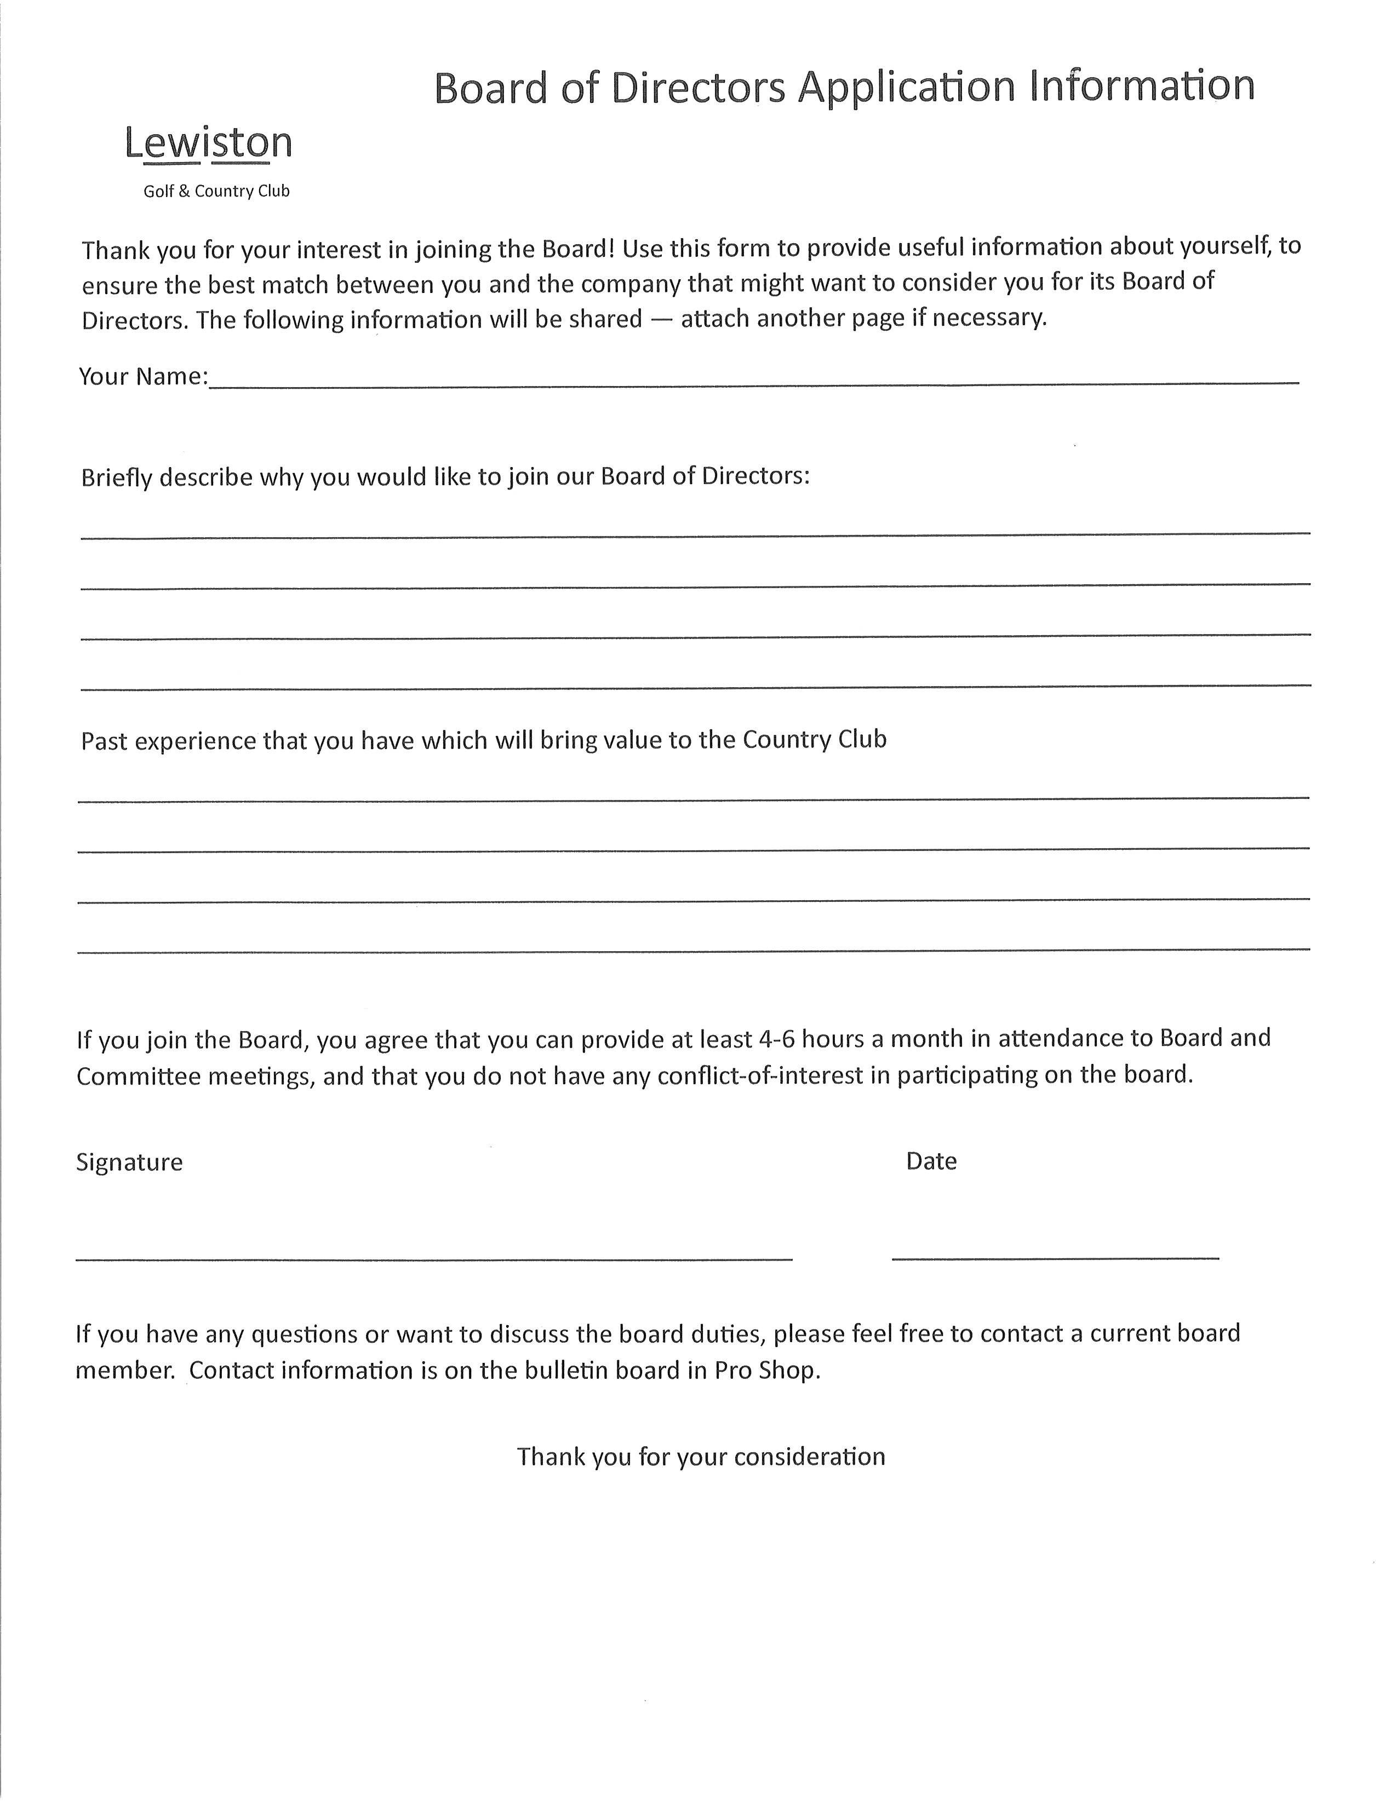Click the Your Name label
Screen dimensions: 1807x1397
click(x=142, y=377)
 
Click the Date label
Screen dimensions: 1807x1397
click(x=931, y=1161)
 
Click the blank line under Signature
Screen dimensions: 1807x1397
click(x=434, y=1258)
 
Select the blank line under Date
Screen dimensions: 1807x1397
click(x=1055, y=1258)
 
